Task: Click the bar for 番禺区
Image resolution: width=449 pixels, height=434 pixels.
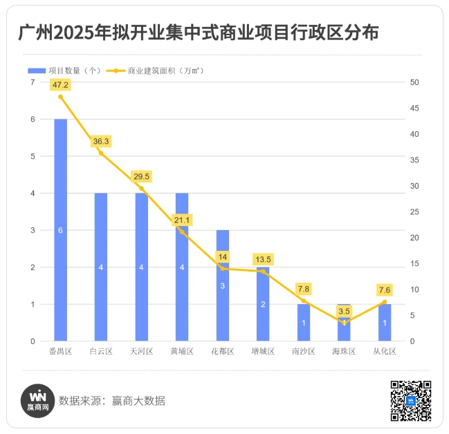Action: click(x=61, y=229)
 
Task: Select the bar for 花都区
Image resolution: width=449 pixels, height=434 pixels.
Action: click(x=222, y=285)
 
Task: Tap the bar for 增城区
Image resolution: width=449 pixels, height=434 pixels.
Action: click(x=263, y=303)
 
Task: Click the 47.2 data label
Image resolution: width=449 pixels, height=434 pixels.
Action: click(x=61, y=84)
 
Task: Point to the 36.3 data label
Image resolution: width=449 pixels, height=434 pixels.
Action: click(x=101, y=141)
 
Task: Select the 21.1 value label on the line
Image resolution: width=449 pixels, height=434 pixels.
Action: click(x=182, y=220)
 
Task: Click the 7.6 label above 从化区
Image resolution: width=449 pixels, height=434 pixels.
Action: click(x=384, y=290)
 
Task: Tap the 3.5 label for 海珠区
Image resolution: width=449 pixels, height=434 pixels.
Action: click(x=344, y=311)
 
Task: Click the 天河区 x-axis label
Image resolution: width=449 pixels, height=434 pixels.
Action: click(x=141, y=352)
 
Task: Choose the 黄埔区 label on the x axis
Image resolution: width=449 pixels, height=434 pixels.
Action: click(x=182, y=352)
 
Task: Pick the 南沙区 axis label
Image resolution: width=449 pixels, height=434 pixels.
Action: click(x=303, y=352)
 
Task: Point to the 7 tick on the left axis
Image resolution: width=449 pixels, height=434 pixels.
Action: click(x=32, y=82)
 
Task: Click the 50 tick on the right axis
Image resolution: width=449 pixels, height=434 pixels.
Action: click(x=414, y=82)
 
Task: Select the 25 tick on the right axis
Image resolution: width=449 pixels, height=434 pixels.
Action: click(x=414, y=212)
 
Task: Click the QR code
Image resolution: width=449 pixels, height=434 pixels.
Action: click(x=411, y=401)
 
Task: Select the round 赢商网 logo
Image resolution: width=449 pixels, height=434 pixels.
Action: click(x=38, y=401)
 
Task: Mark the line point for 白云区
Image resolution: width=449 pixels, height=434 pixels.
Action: click(x=101, y=153)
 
